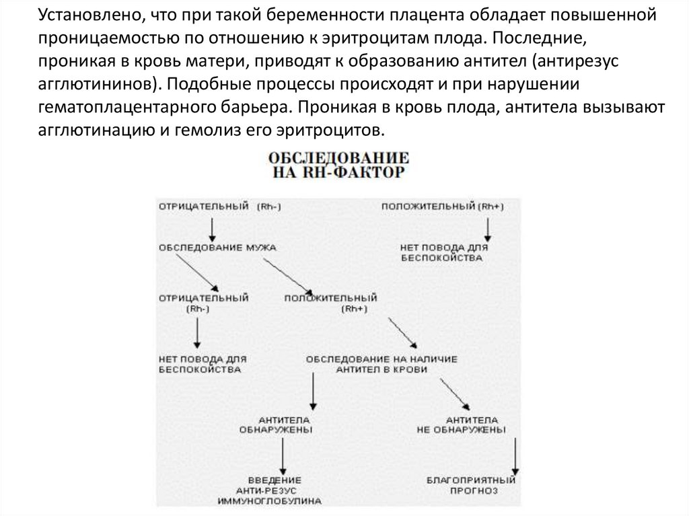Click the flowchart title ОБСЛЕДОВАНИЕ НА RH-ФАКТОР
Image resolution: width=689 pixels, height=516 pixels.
[339, 165]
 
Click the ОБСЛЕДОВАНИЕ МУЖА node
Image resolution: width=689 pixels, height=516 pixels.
[218, 247]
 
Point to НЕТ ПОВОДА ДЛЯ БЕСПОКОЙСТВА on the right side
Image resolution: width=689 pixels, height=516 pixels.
[443, 252]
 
